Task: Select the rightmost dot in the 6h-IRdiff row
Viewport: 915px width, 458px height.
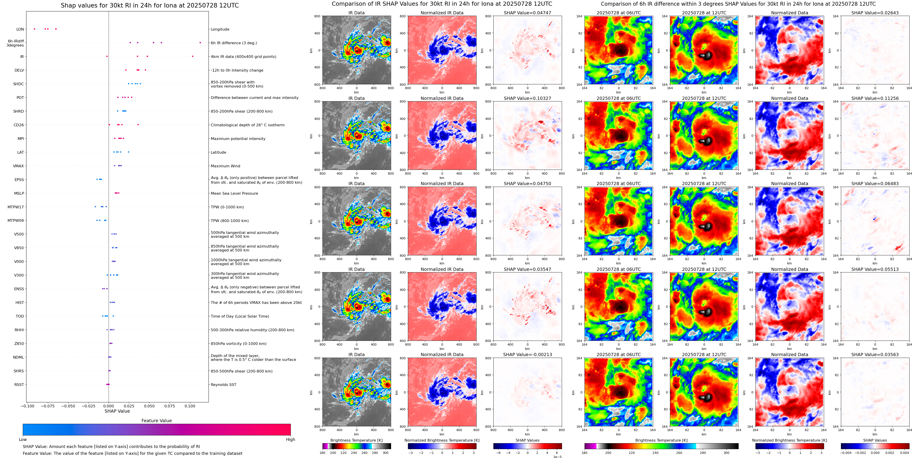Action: [x=200, y=43]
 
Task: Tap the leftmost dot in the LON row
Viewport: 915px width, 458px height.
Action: [x=34, y=29]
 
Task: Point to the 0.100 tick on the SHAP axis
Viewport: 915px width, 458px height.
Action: [x=190, y=406]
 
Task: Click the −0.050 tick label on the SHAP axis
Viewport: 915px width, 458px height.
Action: [x=68, y=406]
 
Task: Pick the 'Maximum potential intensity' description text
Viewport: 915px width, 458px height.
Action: [x=238, y=139]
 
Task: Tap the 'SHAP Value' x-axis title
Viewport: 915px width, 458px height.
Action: [x=117, y=411]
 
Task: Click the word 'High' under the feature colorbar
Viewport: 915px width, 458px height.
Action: [x=290, y=440]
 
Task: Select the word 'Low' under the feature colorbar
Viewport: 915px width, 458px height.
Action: [x=23, y=440]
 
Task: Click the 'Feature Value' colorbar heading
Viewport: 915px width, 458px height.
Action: [x=156, y=421]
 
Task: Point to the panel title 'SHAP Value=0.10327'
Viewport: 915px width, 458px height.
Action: [x=527, y=98]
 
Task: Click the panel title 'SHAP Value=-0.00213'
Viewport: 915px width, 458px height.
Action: [x=527, y=354]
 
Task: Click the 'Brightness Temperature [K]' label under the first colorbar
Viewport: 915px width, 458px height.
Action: [x=356, y=440]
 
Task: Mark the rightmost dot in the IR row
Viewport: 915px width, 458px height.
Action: [x=193, y=56]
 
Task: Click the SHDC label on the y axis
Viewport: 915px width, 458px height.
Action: [x=18, y=84]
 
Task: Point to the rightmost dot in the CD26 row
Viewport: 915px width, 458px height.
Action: [x=138, y=125]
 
